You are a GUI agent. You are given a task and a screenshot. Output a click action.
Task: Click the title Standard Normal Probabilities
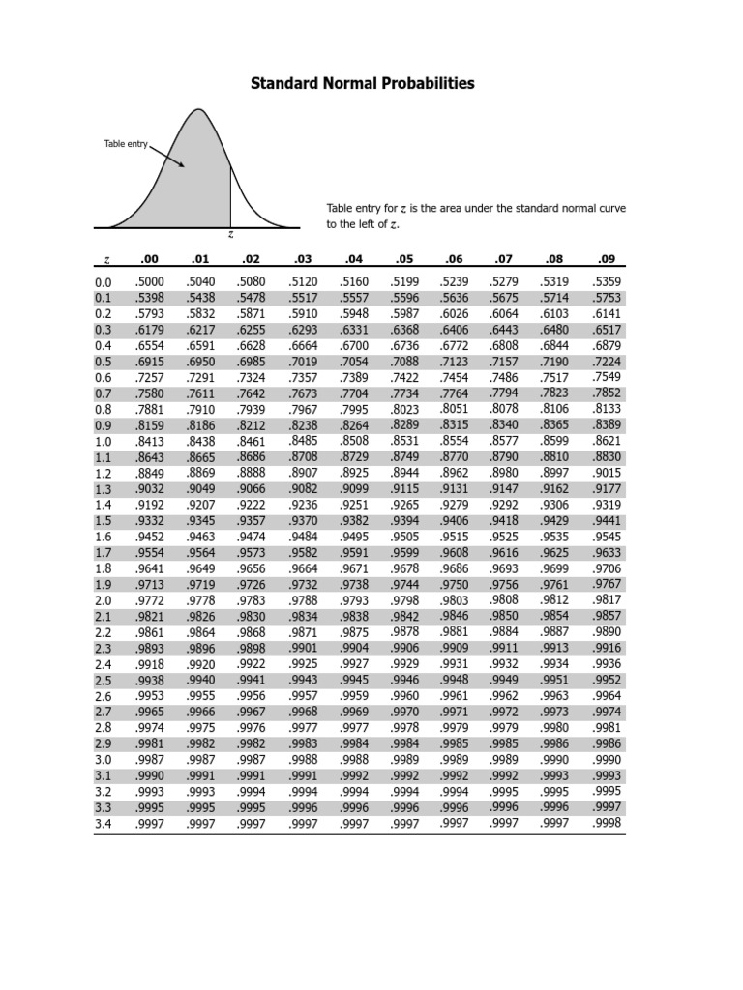(363, 84)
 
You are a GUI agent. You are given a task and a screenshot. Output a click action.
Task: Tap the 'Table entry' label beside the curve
(126, 144)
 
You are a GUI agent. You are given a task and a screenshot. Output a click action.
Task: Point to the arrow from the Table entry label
(167, 156)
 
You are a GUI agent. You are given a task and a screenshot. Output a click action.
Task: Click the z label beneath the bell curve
(230, 234)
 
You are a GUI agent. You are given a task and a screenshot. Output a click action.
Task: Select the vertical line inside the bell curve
(230, 197)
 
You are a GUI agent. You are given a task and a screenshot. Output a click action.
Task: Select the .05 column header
(403, 258)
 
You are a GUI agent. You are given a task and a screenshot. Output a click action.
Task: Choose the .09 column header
(607, 258)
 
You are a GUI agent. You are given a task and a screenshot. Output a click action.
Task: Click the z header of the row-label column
(105, 259)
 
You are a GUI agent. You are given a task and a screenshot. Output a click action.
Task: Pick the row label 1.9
(104, 585)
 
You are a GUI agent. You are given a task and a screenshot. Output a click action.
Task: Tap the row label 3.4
(104, 824)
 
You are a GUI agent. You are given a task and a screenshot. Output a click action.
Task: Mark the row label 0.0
(104, 282)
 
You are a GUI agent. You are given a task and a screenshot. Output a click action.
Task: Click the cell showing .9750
(454, 585)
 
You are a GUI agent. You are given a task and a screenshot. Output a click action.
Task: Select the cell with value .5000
(150, 282)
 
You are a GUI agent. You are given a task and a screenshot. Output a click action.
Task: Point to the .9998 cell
(607, 824)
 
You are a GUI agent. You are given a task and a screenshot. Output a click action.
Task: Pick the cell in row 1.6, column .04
(354, 537)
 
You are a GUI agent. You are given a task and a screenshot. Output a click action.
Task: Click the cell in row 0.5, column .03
(303, 362)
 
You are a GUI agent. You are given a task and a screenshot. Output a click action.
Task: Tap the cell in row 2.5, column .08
(555, 680)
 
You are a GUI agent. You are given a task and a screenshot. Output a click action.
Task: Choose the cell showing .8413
(150, 442)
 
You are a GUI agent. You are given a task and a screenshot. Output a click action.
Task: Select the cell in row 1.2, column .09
(607, 473)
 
